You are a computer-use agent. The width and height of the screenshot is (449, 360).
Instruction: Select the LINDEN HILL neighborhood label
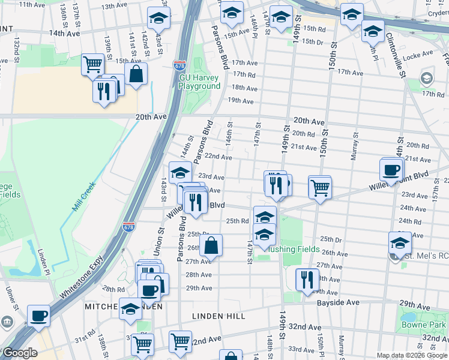(x=217, y=315)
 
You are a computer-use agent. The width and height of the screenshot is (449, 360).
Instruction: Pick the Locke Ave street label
(x=418, y=54)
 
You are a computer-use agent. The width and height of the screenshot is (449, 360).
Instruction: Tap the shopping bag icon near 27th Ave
(x=211, y=245)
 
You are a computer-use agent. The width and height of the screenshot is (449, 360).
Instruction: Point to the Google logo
(x=20, y=353)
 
